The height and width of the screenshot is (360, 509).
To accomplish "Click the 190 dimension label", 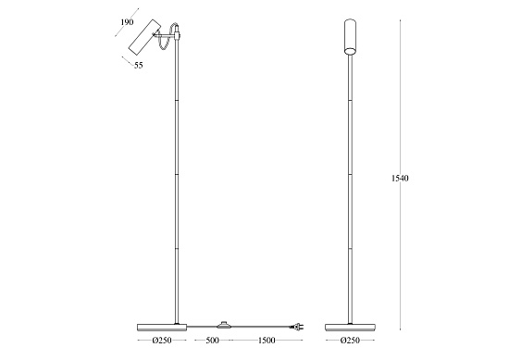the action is pyautogui.click(x=127, y=22).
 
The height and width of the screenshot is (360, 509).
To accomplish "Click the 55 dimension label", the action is pyautogui.click(x=139, y=65).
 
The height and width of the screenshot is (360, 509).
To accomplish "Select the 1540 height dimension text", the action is pyautogui.click(x=400, y=178).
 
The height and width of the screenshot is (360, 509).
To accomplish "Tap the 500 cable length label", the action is pyautogui.click(x=212, y=341).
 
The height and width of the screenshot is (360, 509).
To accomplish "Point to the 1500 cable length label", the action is pyautogui.click(x=267, y=341).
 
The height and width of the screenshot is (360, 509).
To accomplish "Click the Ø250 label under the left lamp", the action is pyautogui.click(x=162, y=341).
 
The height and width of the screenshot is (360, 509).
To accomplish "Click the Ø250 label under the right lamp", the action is pyautogui.click(x=350, y=341).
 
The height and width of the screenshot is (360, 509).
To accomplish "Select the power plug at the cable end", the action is pyautogui.click(x=298, y=327).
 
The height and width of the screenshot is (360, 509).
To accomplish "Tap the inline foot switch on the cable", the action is pyautogui.click(x=223, y=325).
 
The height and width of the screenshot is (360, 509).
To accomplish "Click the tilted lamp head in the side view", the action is pyautogui.click(x=144, y=38).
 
